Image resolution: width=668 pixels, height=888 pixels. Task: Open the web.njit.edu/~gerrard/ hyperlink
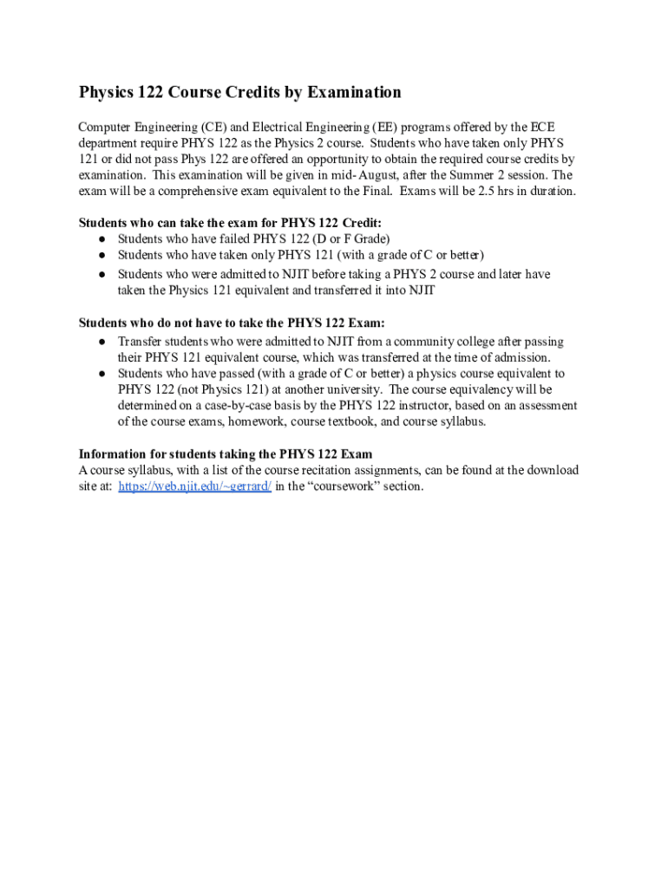pyautogui.click(x=194, y=486)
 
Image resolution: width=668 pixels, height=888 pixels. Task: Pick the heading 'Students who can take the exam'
pyautogui.click(x=230, y=223)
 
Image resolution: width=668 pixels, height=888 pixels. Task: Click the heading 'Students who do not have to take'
pyautogui.click(x=232, y=323)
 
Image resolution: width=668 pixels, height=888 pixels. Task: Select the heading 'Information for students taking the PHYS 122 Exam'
pyautogui.click(x=226, y=454)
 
